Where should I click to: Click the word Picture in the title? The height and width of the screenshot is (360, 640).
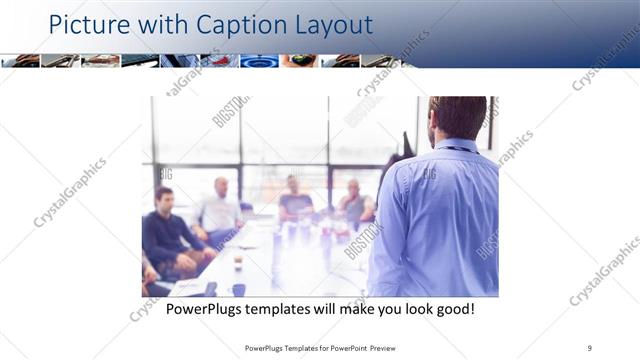[84, 24]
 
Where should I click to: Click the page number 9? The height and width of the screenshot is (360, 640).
[590, 348]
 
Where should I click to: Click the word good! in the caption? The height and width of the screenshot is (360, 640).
[454, 309]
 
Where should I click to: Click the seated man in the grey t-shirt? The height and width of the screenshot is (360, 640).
[295, 200]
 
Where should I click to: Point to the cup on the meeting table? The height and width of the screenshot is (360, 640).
[237, 262]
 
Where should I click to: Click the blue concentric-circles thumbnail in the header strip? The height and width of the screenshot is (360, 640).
[259, 61]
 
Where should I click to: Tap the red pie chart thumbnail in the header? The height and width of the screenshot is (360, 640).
[220, 61]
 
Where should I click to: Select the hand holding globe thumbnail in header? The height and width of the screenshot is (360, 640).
[299, 61]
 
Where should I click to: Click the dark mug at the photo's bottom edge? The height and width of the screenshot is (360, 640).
[238, 290]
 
